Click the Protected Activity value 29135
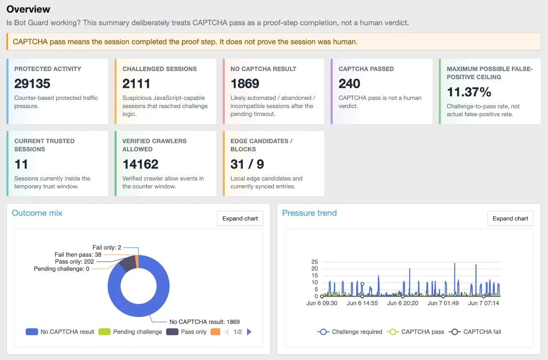[x=32, y=83]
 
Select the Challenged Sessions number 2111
[x=136, y=83]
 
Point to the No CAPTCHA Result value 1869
[x=244, y=83]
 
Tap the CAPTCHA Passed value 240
[x=349, y=83]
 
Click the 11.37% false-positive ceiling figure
[x=469, y=92]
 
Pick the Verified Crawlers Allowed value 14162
[x=140, y=164]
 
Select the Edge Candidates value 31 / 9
[x=247, y=164]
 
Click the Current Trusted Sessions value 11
[x=21, y=164]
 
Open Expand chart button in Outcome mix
[x=240, y=218]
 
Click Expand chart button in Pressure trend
[x=510, y=218]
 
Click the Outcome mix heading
[x=37, y=213]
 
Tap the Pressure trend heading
[x=309, y=213]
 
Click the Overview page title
[x=28, y=9]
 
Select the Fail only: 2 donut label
[x=107, y=247]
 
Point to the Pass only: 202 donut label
[x=74, y=262]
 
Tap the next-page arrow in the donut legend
[x=249, y=332]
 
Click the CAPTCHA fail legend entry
[x=475, y=332]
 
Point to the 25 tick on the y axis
[x=314, y=262]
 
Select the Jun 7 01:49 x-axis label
[x=443, y=303]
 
